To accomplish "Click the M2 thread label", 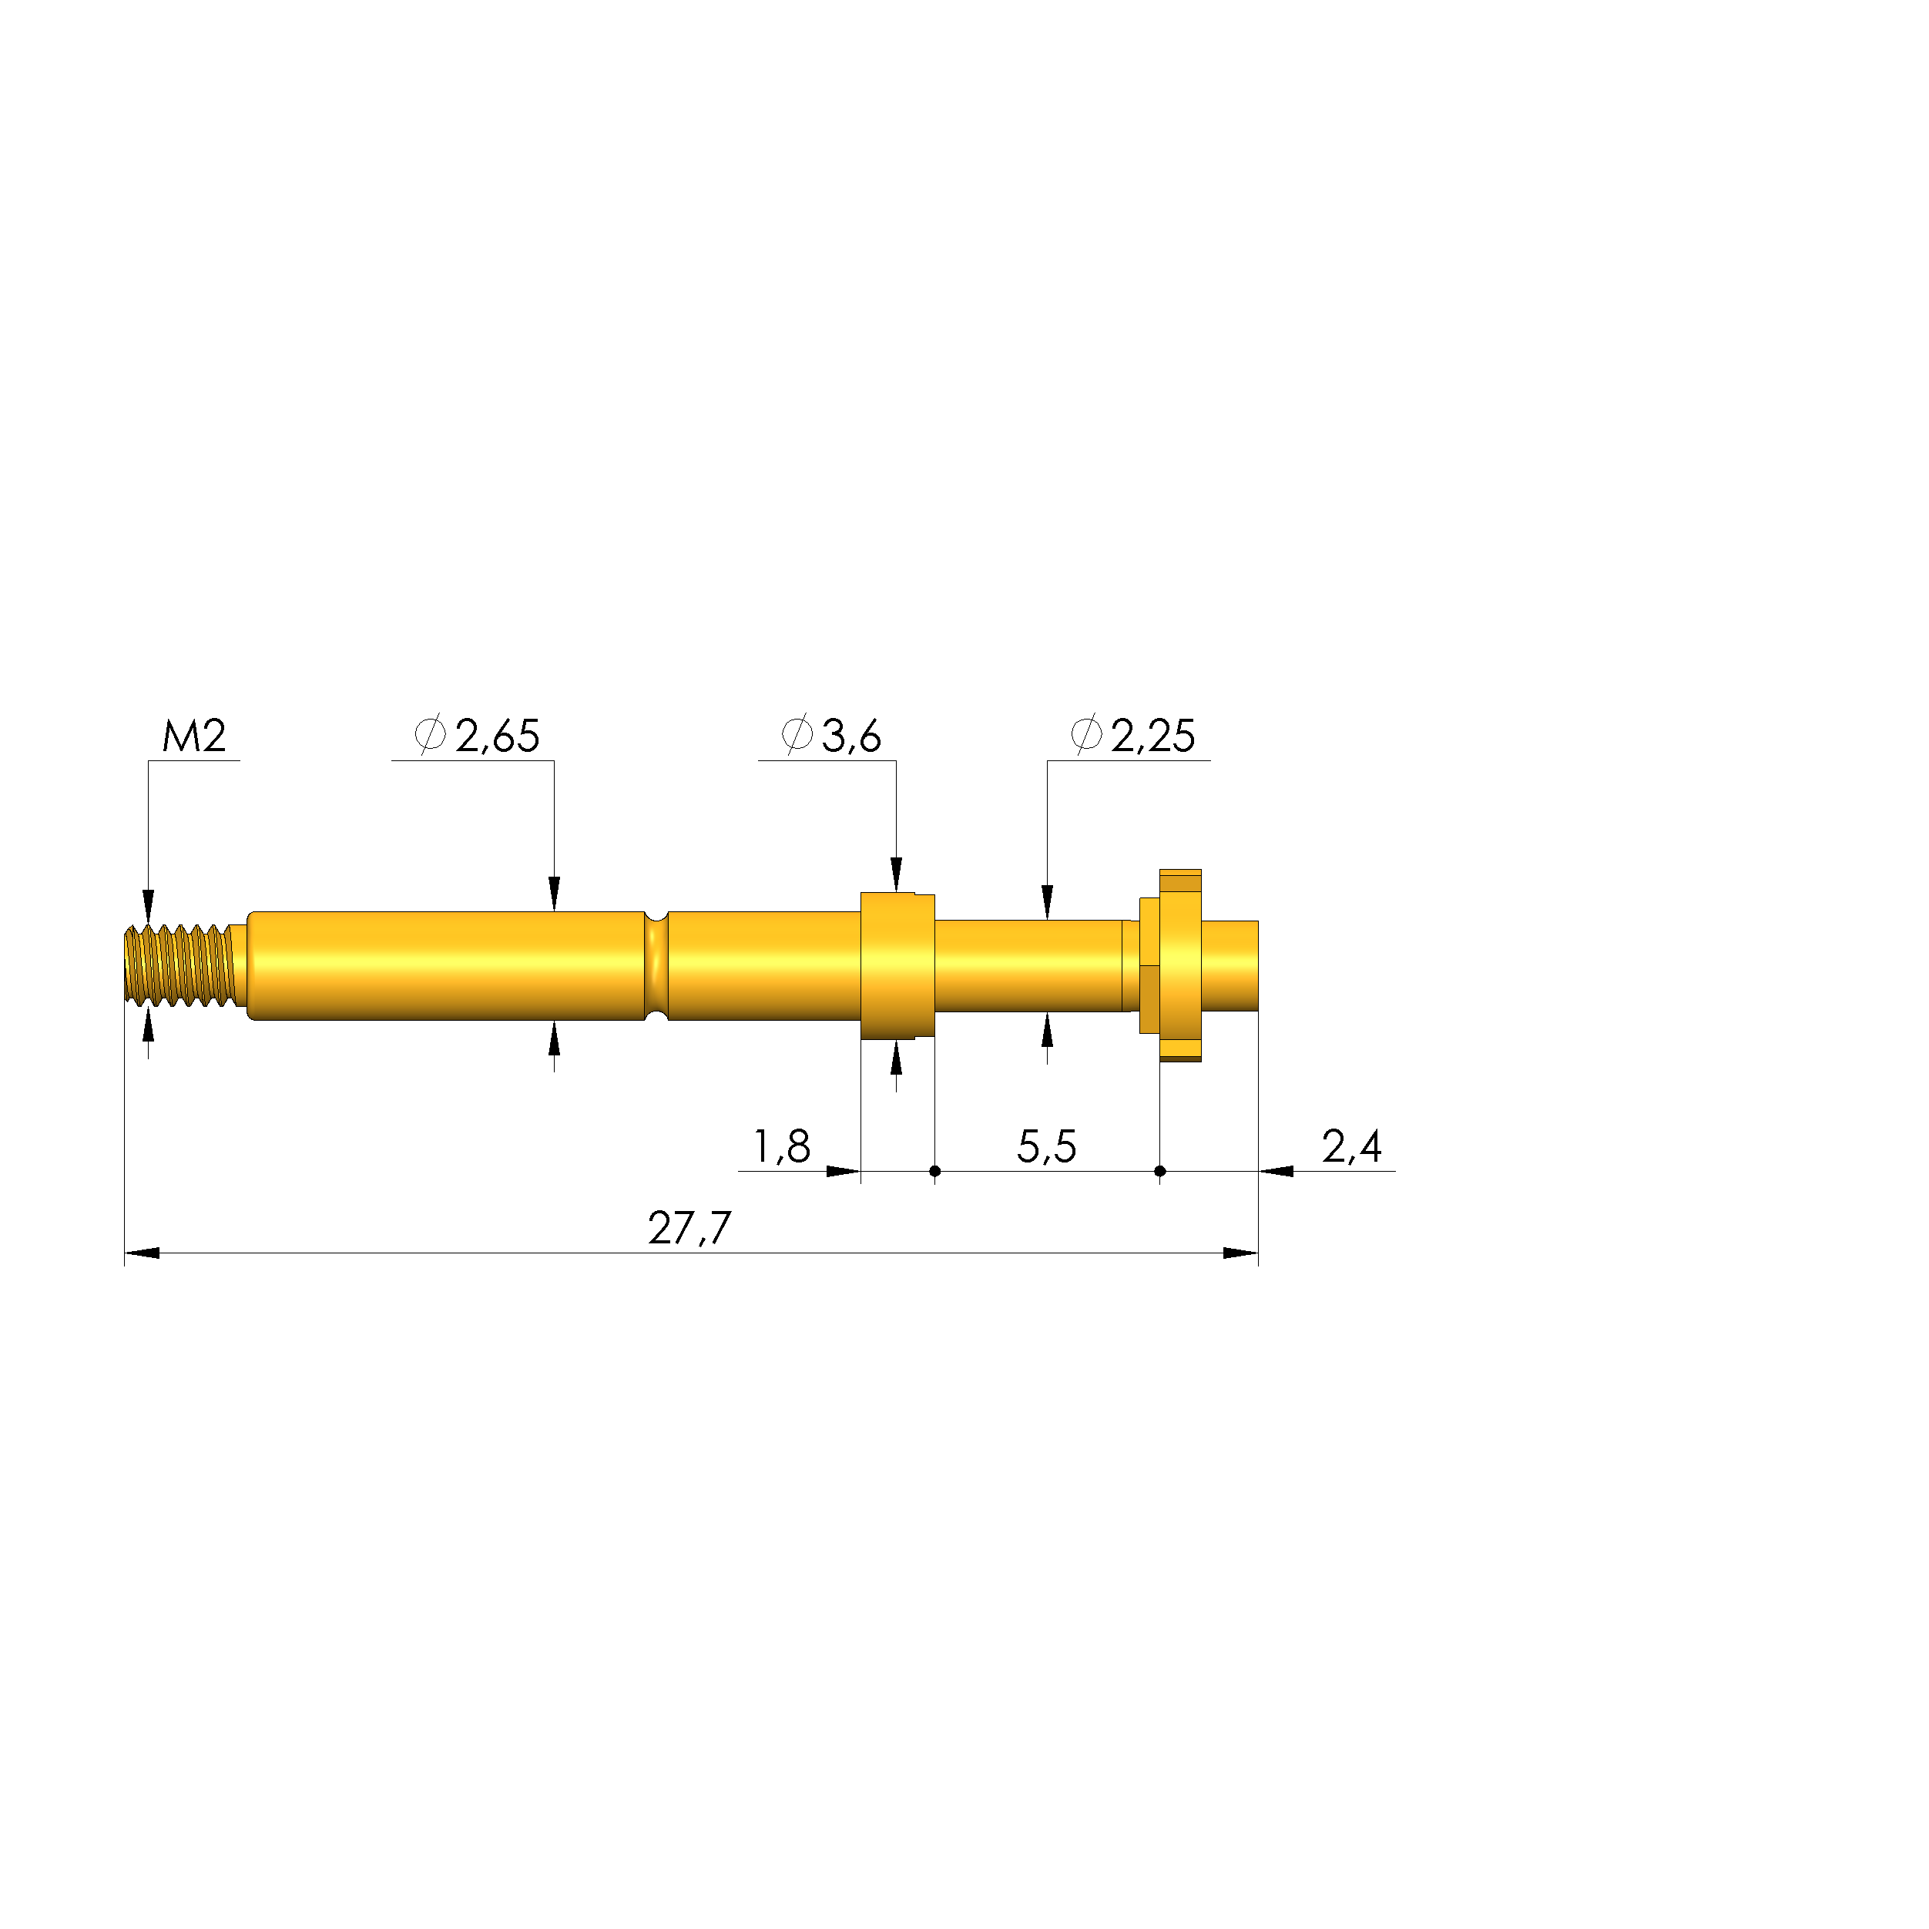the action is pyautogui.click(x=195, y=736).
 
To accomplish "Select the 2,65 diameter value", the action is pyautogui.click(x=497, y=736).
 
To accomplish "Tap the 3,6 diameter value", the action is pyautogui.click(x=852, y=736).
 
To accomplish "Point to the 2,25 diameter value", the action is pyautogui.click(x=1153, y=736).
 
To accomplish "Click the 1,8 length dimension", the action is pyautogui.click(x=782, y=1147).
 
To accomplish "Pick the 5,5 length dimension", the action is pyautogui.click(x=1046, y=1147).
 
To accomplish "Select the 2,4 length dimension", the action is pyautogui.click(x=1352, y=1147).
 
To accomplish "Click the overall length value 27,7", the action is pyautogui.click(x=690, y=1229).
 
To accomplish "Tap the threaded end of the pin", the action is pyautogui.click(x=181, y=965).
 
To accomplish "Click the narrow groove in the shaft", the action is pyautogui.click(x=656, y=965).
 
